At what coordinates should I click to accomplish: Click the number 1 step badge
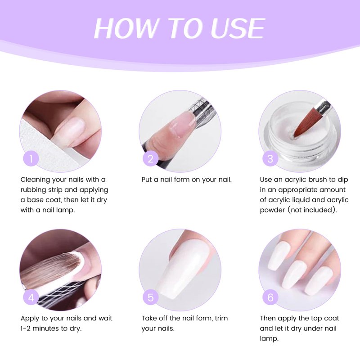(x=31, y=159)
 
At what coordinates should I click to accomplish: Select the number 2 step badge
(x=151, y=159)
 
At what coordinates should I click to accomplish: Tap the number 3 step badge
(x=270, y=159)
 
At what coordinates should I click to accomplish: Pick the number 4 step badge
(x=31, y=298)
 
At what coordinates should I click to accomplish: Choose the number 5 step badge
(x=151, y=298)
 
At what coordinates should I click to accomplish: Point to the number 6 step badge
(x=270, y=298)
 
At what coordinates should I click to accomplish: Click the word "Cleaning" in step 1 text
(x=35, y=180)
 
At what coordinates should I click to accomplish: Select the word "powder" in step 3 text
(x=272, y=210)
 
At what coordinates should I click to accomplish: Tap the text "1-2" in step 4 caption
(x=26, y=328)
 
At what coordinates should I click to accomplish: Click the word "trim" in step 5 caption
(x=221, y=319)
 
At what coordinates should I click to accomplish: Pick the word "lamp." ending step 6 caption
(x=269, y=339)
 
